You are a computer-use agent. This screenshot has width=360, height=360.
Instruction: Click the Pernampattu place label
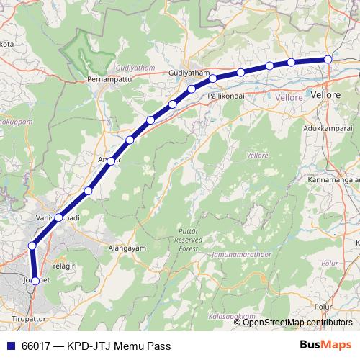click(x=107, y=77)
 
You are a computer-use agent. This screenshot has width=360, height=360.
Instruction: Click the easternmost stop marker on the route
click(x=328, y=59)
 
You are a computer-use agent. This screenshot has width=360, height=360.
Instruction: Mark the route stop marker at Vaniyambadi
click(x=58, y=217)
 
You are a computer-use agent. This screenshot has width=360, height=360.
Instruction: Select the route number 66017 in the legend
click(x=37, y=345)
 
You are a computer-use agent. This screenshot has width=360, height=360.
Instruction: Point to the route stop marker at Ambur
click(x=111, y=161)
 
